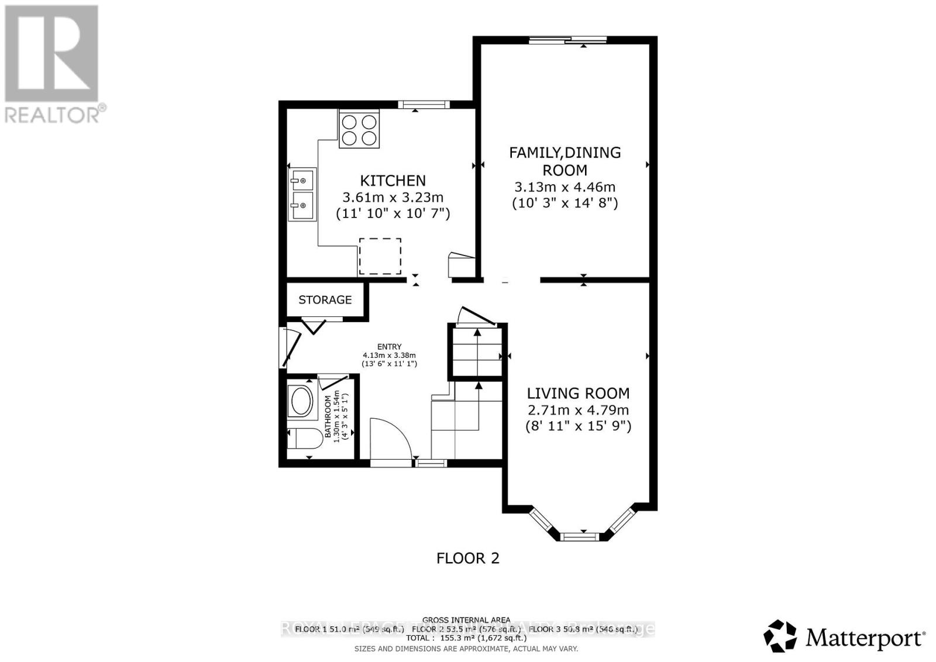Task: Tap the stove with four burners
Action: [359, 130]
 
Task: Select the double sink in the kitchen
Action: [302, 194]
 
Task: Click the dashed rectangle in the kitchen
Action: [380, 256]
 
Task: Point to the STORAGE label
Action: [325, 300]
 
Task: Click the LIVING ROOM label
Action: [578, 394]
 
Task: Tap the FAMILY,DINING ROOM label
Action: [565, 161]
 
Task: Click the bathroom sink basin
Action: [301, 401]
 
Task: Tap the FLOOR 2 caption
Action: [468, 558]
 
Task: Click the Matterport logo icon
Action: [780, 636]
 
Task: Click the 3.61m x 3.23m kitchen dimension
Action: [393, 197]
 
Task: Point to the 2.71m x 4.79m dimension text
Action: [578, 410]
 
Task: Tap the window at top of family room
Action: [568, 40]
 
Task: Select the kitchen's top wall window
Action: [424, 105]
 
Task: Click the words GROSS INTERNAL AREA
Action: [466, 620]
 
